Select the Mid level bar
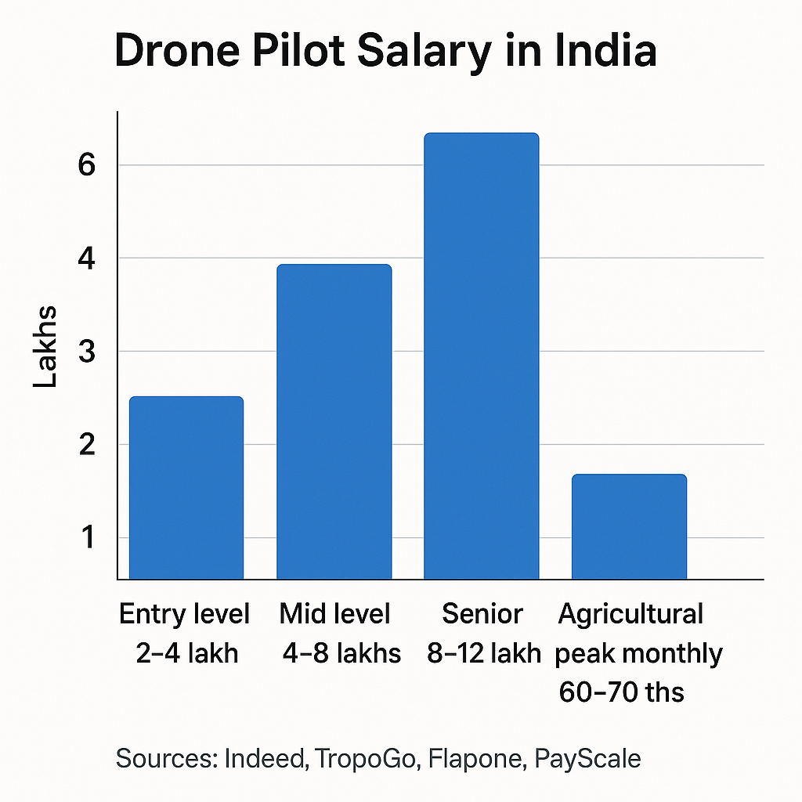click(334, 422)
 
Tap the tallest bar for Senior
click(482, 356)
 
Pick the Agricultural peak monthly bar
click(629, 526)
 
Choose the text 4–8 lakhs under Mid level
click(341, 652)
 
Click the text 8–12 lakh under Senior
click(484, 652)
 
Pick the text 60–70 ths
click(622, 692)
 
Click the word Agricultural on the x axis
click(630, 614)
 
